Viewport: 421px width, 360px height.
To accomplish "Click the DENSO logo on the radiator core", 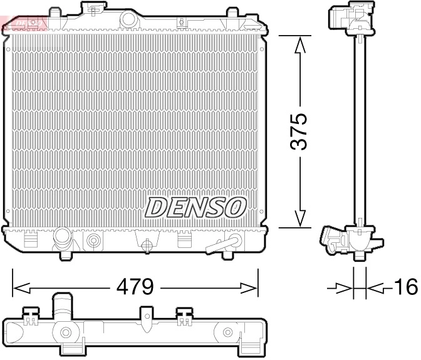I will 196,206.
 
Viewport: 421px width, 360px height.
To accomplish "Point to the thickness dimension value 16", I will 405,287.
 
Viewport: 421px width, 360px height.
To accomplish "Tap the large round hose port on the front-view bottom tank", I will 63,239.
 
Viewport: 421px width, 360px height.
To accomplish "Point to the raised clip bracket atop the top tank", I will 93,10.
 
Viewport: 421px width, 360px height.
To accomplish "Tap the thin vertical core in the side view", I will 360,131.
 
